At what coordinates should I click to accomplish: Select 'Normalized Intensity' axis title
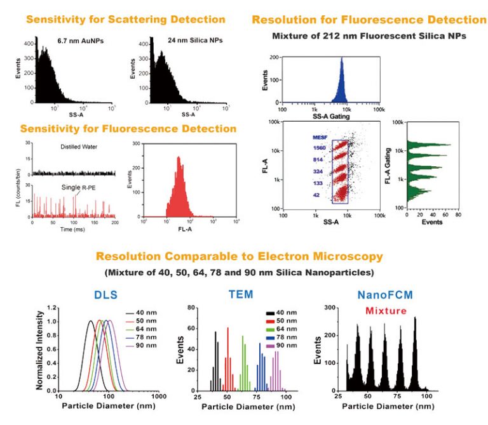pyautogui.click(x=40, y=350)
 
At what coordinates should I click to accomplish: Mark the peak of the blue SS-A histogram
pyautogui.click(x=341, y=59)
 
